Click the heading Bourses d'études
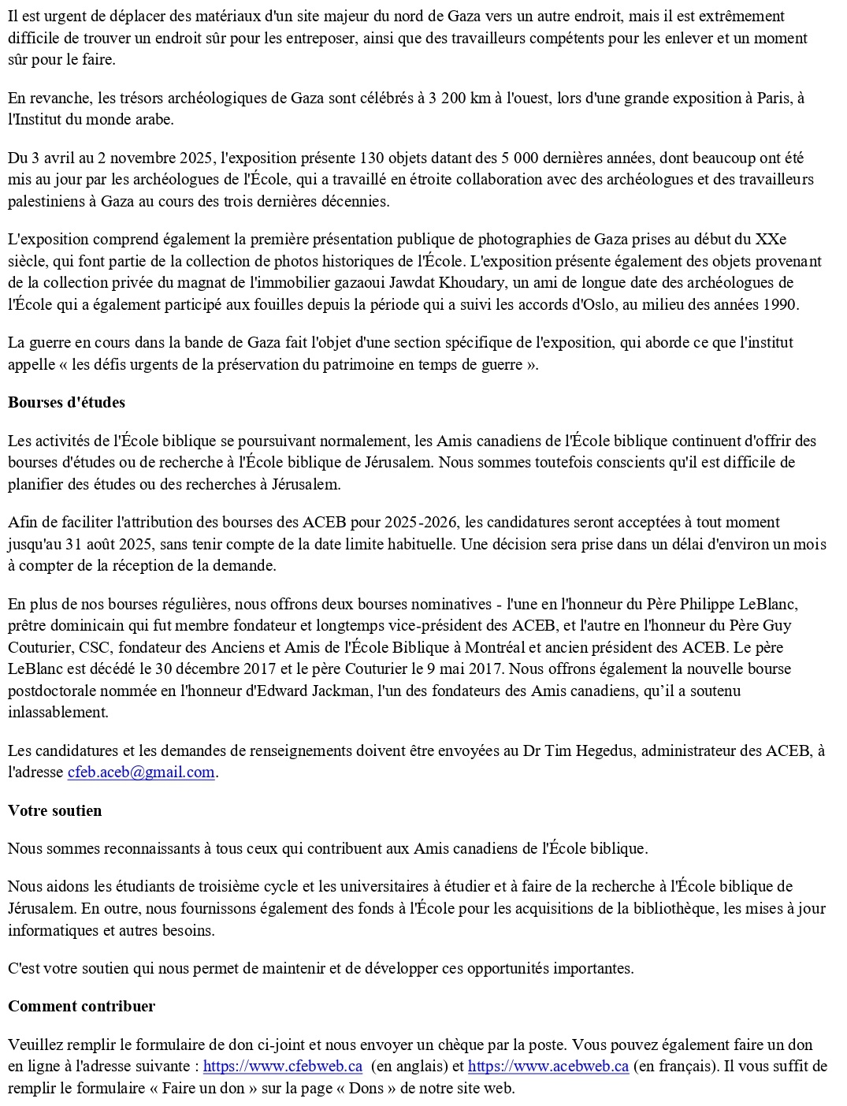66,402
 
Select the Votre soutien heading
54,810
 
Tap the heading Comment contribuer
81,1006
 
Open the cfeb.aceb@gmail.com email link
141,772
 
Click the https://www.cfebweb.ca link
282,1067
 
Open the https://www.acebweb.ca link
548,1067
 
